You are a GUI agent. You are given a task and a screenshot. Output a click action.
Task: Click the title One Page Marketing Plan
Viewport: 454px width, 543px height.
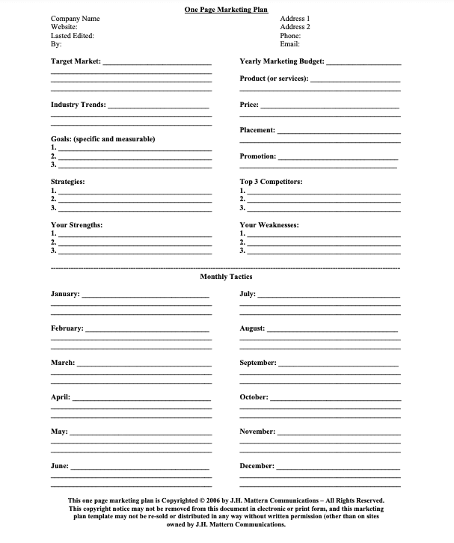pyautogui.click(x=227, y=9)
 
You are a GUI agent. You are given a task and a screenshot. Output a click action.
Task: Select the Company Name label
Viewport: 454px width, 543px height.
pyautogui.click(x=75, y=19)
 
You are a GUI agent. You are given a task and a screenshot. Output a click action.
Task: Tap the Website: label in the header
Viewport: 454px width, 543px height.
pyautogui.click(x=65, y=27)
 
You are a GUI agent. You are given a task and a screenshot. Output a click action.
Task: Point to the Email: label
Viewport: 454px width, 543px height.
pyautogui.click(x=290, y=44)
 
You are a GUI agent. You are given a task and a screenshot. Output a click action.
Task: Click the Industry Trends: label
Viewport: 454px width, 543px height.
pyautogui.click(x=78, y=105)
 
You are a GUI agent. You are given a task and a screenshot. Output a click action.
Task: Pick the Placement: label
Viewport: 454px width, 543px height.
pyautogui.click(x=257, y=130)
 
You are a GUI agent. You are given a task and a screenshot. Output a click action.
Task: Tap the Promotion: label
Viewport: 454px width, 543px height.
pyautogui.click(x=258, y=156)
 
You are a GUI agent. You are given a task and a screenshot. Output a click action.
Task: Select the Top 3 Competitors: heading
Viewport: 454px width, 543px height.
pyautogui.click(x=271, y=182)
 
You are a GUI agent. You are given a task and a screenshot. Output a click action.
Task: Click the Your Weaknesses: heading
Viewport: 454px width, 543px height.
pyautogui.click(x=269, y=225)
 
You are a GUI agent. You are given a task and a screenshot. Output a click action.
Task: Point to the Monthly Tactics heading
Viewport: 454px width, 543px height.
pyautogui.click(x=227, y=277)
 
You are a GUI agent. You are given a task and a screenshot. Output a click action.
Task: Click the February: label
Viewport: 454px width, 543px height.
pyautogui.click(x=67, y=328)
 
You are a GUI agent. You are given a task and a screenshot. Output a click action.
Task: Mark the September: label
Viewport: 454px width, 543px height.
pyautogui.click(x=258, y=363)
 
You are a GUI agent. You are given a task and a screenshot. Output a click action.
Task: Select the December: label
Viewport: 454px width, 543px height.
pyautogui.click(x=257, y=466)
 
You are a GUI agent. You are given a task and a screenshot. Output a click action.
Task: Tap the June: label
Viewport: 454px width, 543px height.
pyautogui.click(x=60, y=466)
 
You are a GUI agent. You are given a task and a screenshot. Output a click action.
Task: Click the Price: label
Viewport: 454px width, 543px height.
pyautogui.click(x=249, y=105)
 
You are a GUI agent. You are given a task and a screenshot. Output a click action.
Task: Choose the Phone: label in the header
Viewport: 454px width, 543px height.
pyautogui.click(x=290, y=36)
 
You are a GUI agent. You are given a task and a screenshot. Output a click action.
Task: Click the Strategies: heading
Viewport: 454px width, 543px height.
pyautogui.click(x=67, y=182)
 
